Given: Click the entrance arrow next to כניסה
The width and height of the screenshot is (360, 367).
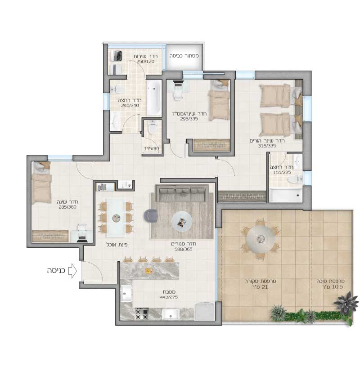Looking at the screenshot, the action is coord(72,271).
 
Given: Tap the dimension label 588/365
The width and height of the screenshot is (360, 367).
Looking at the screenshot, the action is coord(184,249).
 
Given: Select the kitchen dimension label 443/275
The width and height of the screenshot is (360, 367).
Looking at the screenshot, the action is coord(169,297).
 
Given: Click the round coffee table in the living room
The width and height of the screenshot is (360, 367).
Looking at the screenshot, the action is coord(182,221).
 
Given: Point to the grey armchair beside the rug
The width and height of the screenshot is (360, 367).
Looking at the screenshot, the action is coord(151,215).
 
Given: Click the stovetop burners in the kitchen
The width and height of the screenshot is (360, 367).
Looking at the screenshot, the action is coord(142,314).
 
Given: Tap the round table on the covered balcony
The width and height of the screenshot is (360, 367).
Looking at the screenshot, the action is coord(260,239).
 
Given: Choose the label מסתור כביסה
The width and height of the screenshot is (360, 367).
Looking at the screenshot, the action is coord(184,56).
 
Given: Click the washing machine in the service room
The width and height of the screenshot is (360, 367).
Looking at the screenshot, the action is coord(116,55).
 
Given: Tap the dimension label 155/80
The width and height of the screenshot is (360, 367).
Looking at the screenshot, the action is coord(151,148).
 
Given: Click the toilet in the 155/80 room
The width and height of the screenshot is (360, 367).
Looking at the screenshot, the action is coord(153,128).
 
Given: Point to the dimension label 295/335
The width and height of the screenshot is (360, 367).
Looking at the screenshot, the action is coord(189,119).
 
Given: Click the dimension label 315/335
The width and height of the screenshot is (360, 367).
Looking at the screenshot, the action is coord(267,146).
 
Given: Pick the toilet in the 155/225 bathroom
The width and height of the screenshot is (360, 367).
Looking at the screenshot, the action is coord(294,179).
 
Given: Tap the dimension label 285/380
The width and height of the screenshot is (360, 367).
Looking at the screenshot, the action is coord(67,207).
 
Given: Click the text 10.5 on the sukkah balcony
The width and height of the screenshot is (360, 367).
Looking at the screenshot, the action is coord(337,287).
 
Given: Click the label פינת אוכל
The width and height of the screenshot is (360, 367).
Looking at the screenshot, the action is coord(117,245).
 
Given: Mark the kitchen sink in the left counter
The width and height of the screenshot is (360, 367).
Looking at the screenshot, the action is coord(126,293).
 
